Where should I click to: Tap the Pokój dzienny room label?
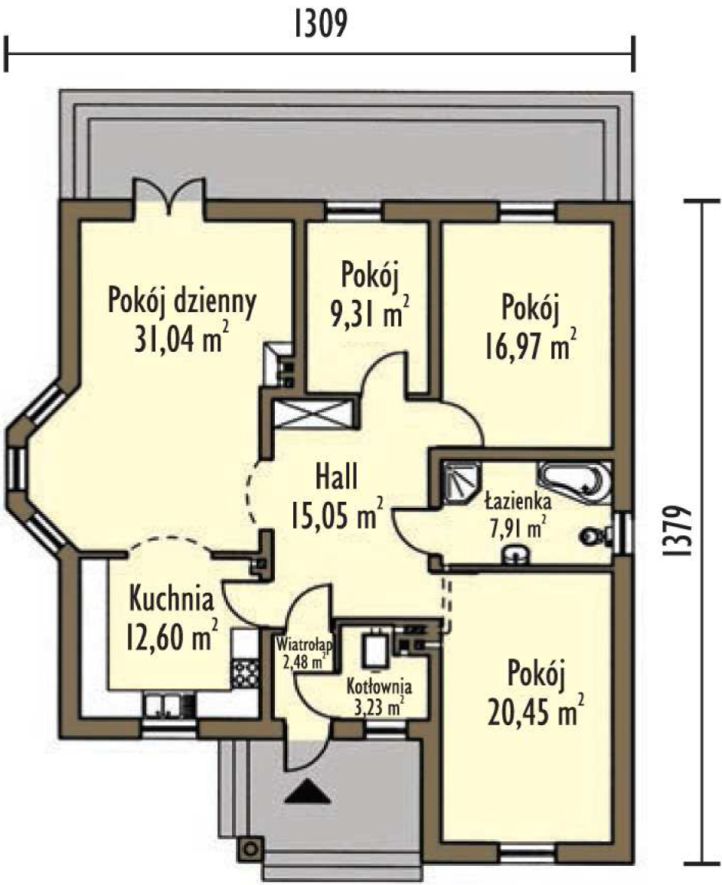[182, 303]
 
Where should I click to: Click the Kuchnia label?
[172, 599]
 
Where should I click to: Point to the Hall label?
[336, 476]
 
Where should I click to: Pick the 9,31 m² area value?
[370, 313]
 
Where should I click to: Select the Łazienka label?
[518, 501]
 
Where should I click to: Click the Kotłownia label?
[379, 687]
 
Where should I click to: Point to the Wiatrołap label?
[304, 644]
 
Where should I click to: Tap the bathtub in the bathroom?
[575, 483]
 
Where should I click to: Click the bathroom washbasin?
[515, 555]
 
